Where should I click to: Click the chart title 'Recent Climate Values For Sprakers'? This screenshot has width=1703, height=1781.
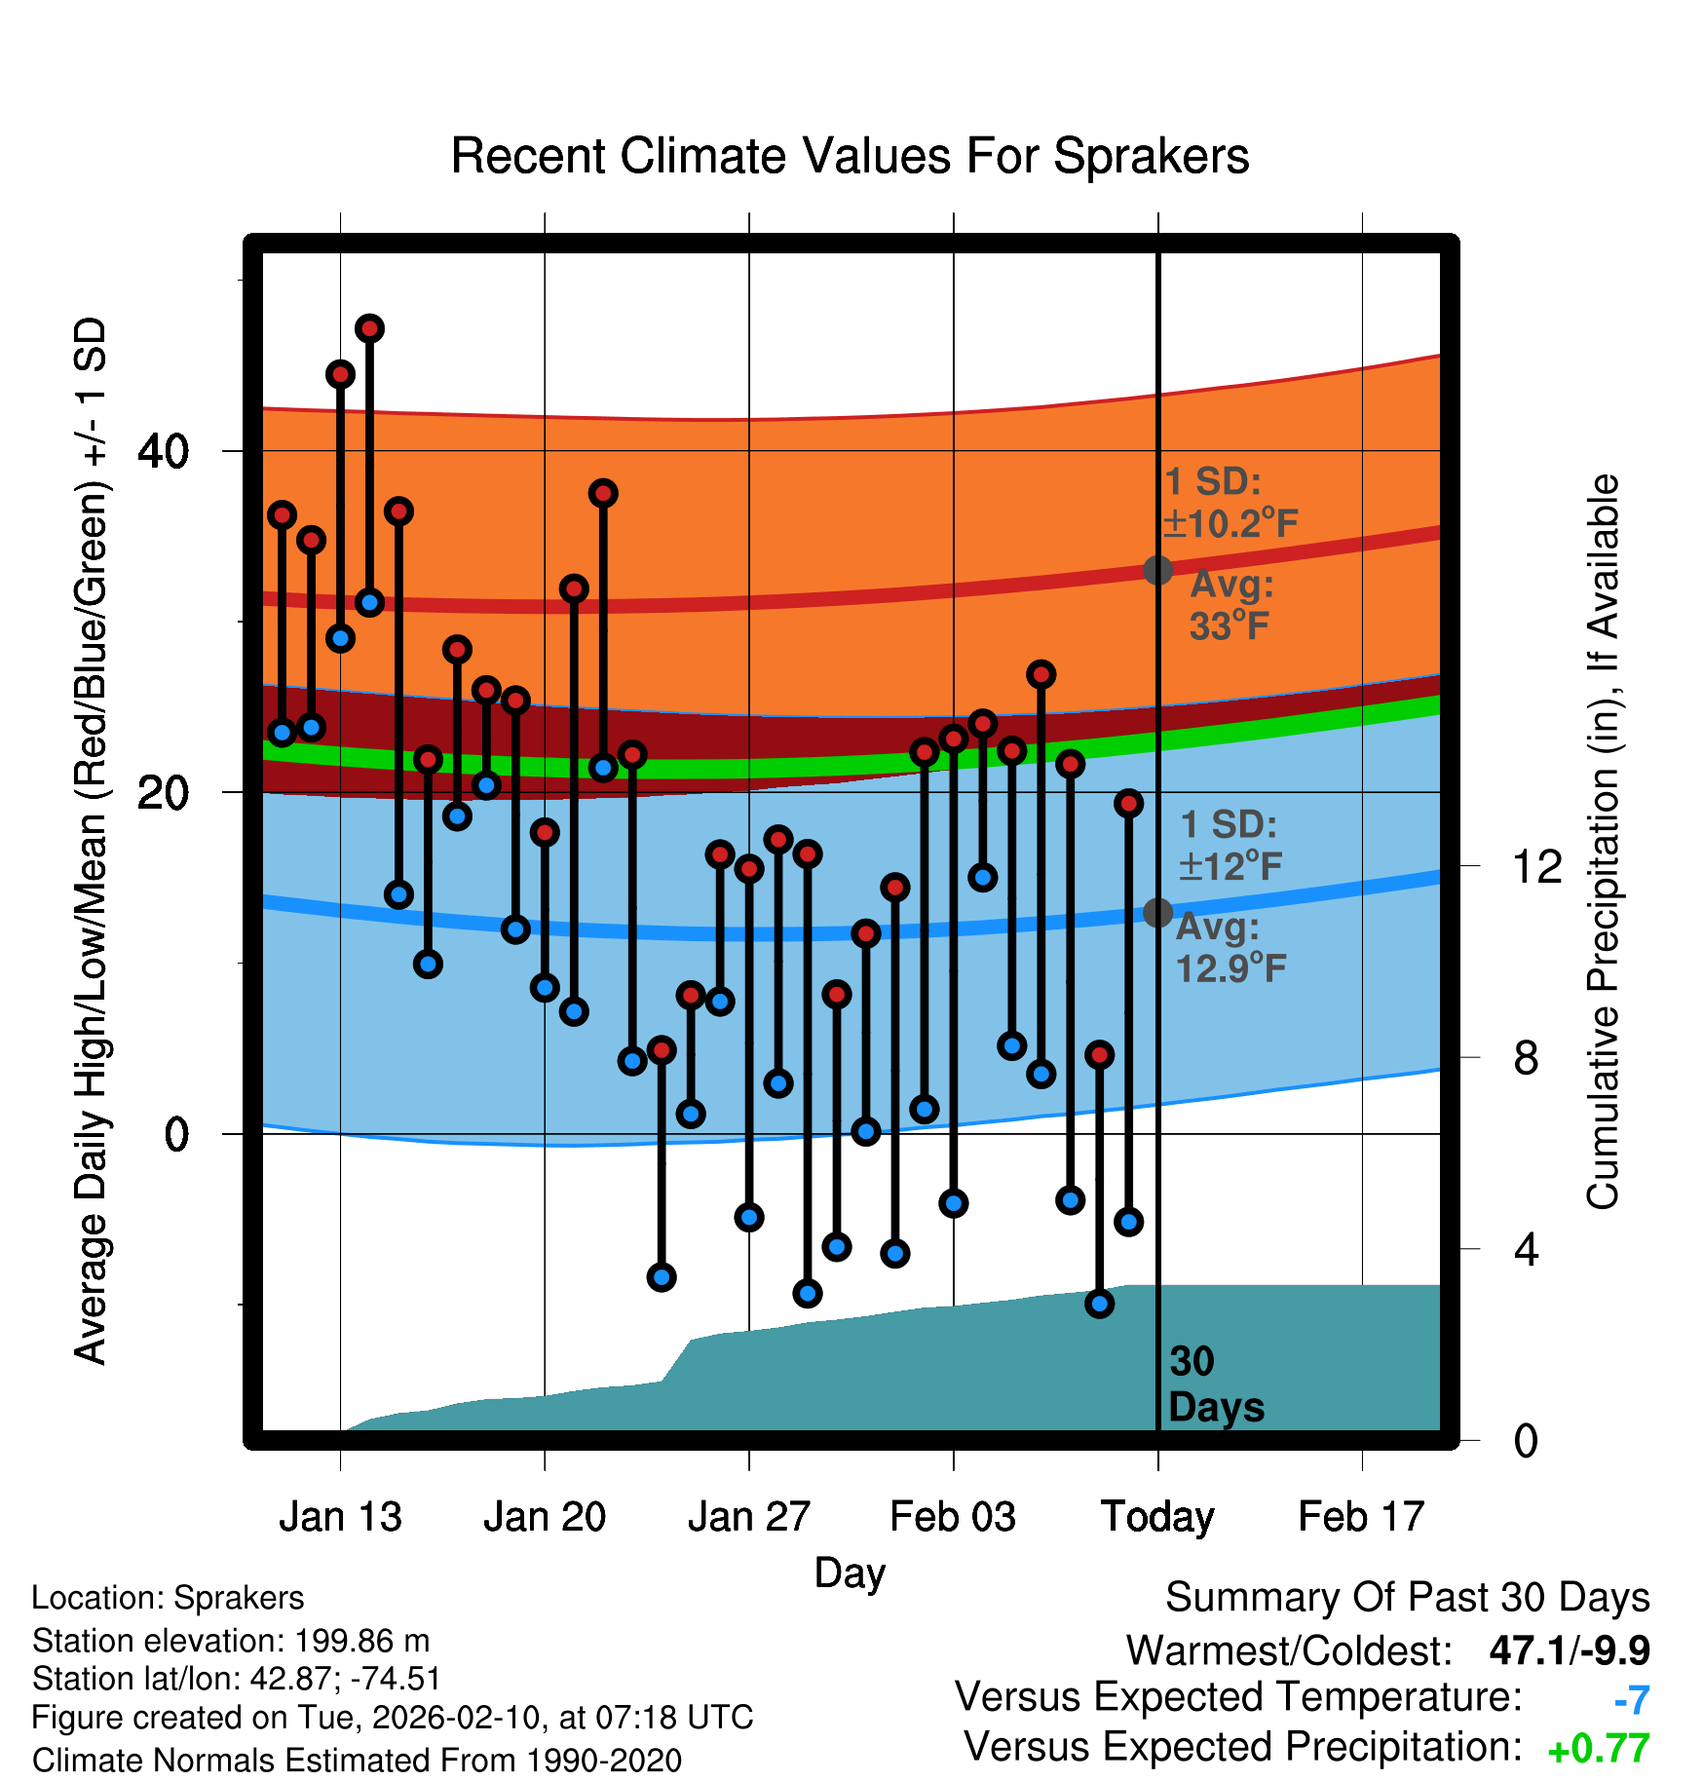850,156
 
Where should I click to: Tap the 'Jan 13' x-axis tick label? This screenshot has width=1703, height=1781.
340,1517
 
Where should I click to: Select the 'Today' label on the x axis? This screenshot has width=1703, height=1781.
1157,1517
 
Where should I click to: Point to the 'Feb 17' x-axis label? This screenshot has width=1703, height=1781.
1361,1517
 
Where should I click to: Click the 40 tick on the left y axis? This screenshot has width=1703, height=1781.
163,451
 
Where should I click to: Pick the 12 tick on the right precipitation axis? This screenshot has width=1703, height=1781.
1537,866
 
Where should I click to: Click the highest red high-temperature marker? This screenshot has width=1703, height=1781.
369,328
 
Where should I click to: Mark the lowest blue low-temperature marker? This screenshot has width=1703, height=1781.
1099,1304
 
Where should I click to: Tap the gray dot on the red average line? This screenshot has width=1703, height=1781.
1157,570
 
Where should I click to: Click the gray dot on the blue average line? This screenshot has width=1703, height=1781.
1157,913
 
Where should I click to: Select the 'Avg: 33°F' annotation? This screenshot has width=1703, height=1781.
1231,605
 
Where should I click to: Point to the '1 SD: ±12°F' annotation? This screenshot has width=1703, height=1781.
1230,845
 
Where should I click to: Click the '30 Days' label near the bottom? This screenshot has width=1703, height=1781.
1215,1384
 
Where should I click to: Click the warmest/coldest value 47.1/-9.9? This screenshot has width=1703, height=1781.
1570,1650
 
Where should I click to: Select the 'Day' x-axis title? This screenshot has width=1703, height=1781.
850,1573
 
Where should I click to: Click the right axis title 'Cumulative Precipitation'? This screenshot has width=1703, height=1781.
1603,842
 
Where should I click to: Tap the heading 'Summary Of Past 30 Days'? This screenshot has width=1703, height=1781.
1407,1598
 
